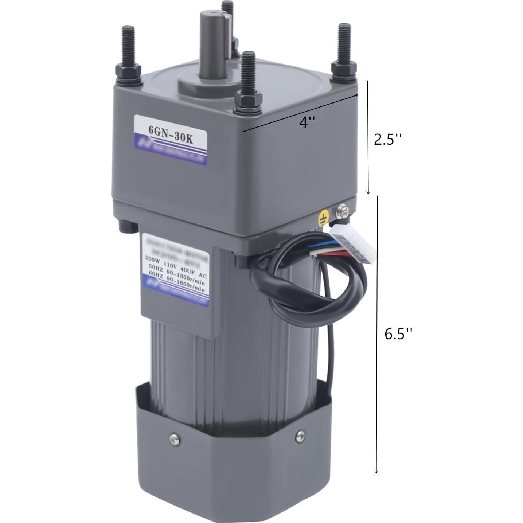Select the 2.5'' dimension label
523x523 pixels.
pos(388,139)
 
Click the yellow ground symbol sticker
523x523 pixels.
pos(323,219)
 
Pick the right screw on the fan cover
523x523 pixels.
pos(300,434)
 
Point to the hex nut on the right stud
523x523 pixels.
pos(344,68)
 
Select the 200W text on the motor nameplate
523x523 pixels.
pos(152,258)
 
